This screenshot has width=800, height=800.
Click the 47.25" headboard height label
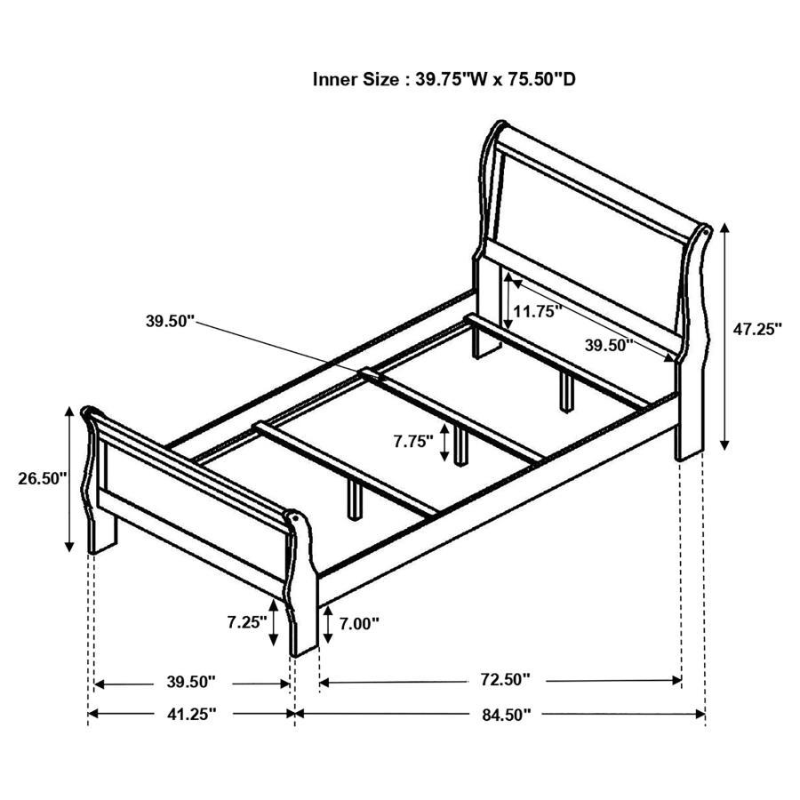[756, 328]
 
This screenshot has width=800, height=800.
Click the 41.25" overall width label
[191, 713]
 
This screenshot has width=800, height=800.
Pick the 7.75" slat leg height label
[414, 440]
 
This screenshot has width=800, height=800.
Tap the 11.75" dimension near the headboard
[539, 311]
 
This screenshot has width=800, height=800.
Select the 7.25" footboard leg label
[246, 622]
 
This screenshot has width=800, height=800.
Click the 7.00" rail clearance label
[358, 623]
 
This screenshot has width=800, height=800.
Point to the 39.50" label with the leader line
[170, 321]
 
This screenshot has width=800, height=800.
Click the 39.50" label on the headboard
[608, 345]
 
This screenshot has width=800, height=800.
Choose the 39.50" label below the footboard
[191, 682]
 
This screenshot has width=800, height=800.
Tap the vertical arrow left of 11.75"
[508, 302]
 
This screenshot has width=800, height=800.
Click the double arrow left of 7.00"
[330, 625]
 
